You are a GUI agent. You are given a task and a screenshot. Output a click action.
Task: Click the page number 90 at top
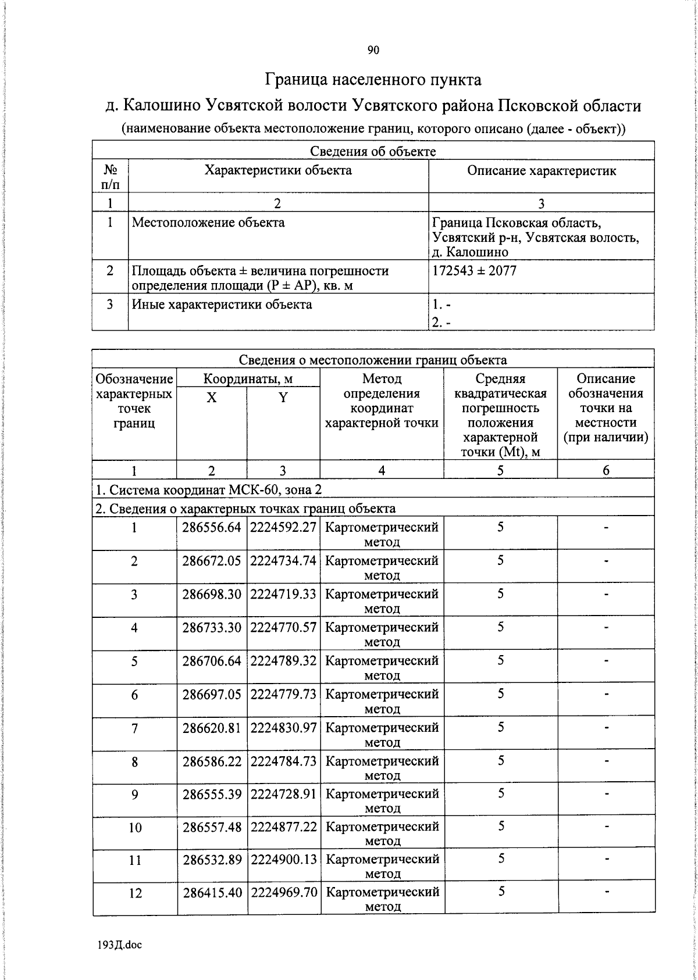373,51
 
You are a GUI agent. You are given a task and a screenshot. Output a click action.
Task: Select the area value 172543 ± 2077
474,271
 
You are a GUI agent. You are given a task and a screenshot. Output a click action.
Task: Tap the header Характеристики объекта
277,170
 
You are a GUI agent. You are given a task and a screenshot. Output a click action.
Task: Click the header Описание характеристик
541,170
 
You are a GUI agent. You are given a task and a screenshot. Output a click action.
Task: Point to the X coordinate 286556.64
211,527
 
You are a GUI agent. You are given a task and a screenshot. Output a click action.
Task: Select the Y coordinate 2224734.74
283,561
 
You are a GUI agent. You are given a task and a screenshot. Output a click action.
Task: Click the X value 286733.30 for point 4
211,628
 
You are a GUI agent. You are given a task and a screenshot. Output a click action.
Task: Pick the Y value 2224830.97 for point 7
283,728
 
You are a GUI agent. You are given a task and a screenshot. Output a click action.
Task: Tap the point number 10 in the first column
134,827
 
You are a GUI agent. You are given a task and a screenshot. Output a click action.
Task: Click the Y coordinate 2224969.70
284,892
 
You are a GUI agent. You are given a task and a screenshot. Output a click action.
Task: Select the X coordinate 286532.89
212,860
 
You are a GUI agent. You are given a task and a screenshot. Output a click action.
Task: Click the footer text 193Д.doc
119,945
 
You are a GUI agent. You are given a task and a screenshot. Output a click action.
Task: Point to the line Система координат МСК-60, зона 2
208,489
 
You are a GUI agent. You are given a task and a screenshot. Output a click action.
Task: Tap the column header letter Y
283,398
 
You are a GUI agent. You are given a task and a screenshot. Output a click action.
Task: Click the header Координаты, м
248,380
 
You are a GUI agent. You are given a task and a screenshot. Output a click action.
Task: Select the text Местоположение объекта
208,223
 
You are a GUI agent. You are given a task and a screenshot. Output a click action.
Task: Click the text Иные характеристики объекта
222,305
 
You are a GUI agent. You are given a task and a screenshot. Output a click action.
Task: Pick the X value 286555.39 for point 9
211,794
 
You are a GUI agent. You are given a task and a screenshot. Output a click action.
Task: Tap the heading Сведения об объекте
373,152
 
